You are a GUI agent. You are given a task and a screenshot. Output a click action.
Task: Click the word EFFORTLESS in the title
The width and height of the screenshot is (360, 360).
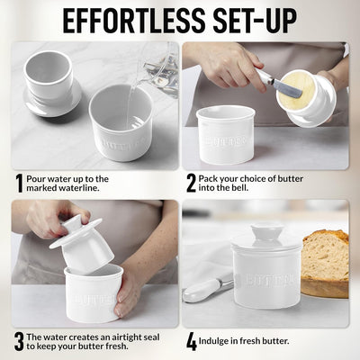click(x=130, y=21)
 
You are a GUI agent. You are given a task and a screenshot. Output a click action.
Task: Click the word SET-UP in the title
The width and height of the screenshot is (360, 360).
click(x=255, y=21)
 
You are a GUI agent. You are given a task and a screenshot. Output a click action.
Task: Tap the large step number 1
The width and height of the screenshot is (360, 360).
click(x=19, y=184)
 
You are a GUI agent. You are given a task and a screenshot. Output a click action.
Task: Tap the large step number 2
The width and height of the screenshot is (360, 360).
click(x=191, y=184)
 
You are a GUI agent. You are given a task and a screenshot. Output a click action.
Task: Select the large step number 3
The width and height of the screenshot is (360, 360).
click(x=19, y=342)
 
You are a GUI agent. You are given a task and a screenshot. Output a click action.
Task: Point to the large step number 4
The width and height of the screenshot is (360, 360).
click(x=192, y=342)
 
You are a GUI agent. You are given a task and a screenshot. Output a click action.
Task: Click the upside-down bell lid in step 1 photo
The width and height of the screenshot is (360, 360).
click(x=51, y=83)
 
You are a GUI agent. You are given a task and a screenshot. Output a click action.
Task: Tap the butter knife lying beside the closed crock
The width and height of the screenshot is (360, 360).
click(x=208, y=290)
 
